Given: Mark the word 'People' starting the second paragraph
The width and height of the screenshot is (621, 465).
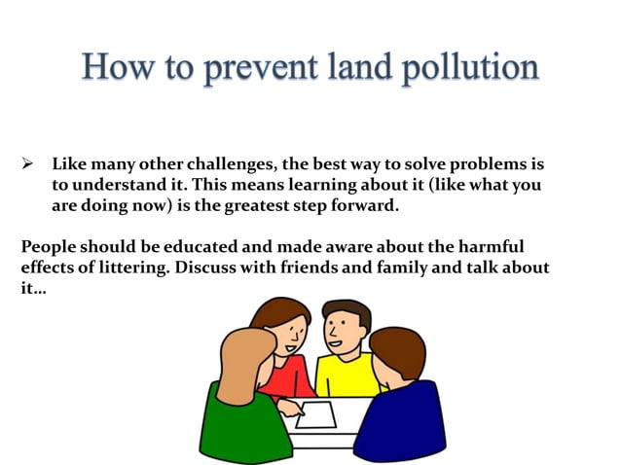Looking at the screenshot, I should click(49, 247).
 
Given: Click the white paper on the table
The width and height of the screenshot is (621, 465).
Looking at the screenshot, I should click(316, 414).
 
